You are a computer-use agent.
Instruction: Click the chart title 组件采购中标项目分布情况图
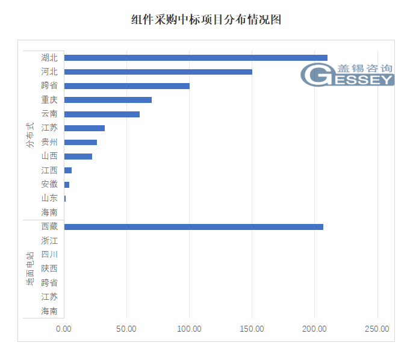pos(206,20)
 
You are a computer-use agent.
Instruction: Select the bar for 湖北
pos(196,58)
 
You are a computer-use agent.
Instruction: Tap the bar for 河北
pos(158,72)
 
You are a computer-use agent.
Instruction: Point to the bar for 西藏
pos(193,227)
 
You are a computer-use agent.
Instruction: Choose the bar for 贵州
pos(80,142)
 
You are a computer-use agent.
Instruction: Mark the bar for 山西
pos(78,157)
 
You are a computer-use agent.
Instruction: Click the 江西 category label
pos(49,170)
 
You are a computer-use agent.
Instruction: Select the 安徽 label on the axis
pos(49,184)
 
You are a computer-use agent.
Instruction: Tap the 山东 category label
pos(49,199)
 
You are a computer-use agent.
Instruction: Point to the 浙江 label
pos(49,241)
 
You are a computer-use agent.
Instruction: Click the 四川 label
pos(49,255)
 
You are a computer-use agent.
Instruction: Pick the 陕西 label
pos(49,268)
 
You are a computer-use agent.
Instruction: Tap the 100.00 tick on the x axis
pos(189,329)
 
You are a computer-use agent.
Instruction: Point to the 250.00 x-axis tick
pos(377,329)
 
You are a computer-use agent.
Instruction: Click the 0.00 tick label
pos(64,329)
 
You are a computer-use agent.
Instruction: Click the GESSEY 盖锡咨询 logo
pos(347,75)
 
